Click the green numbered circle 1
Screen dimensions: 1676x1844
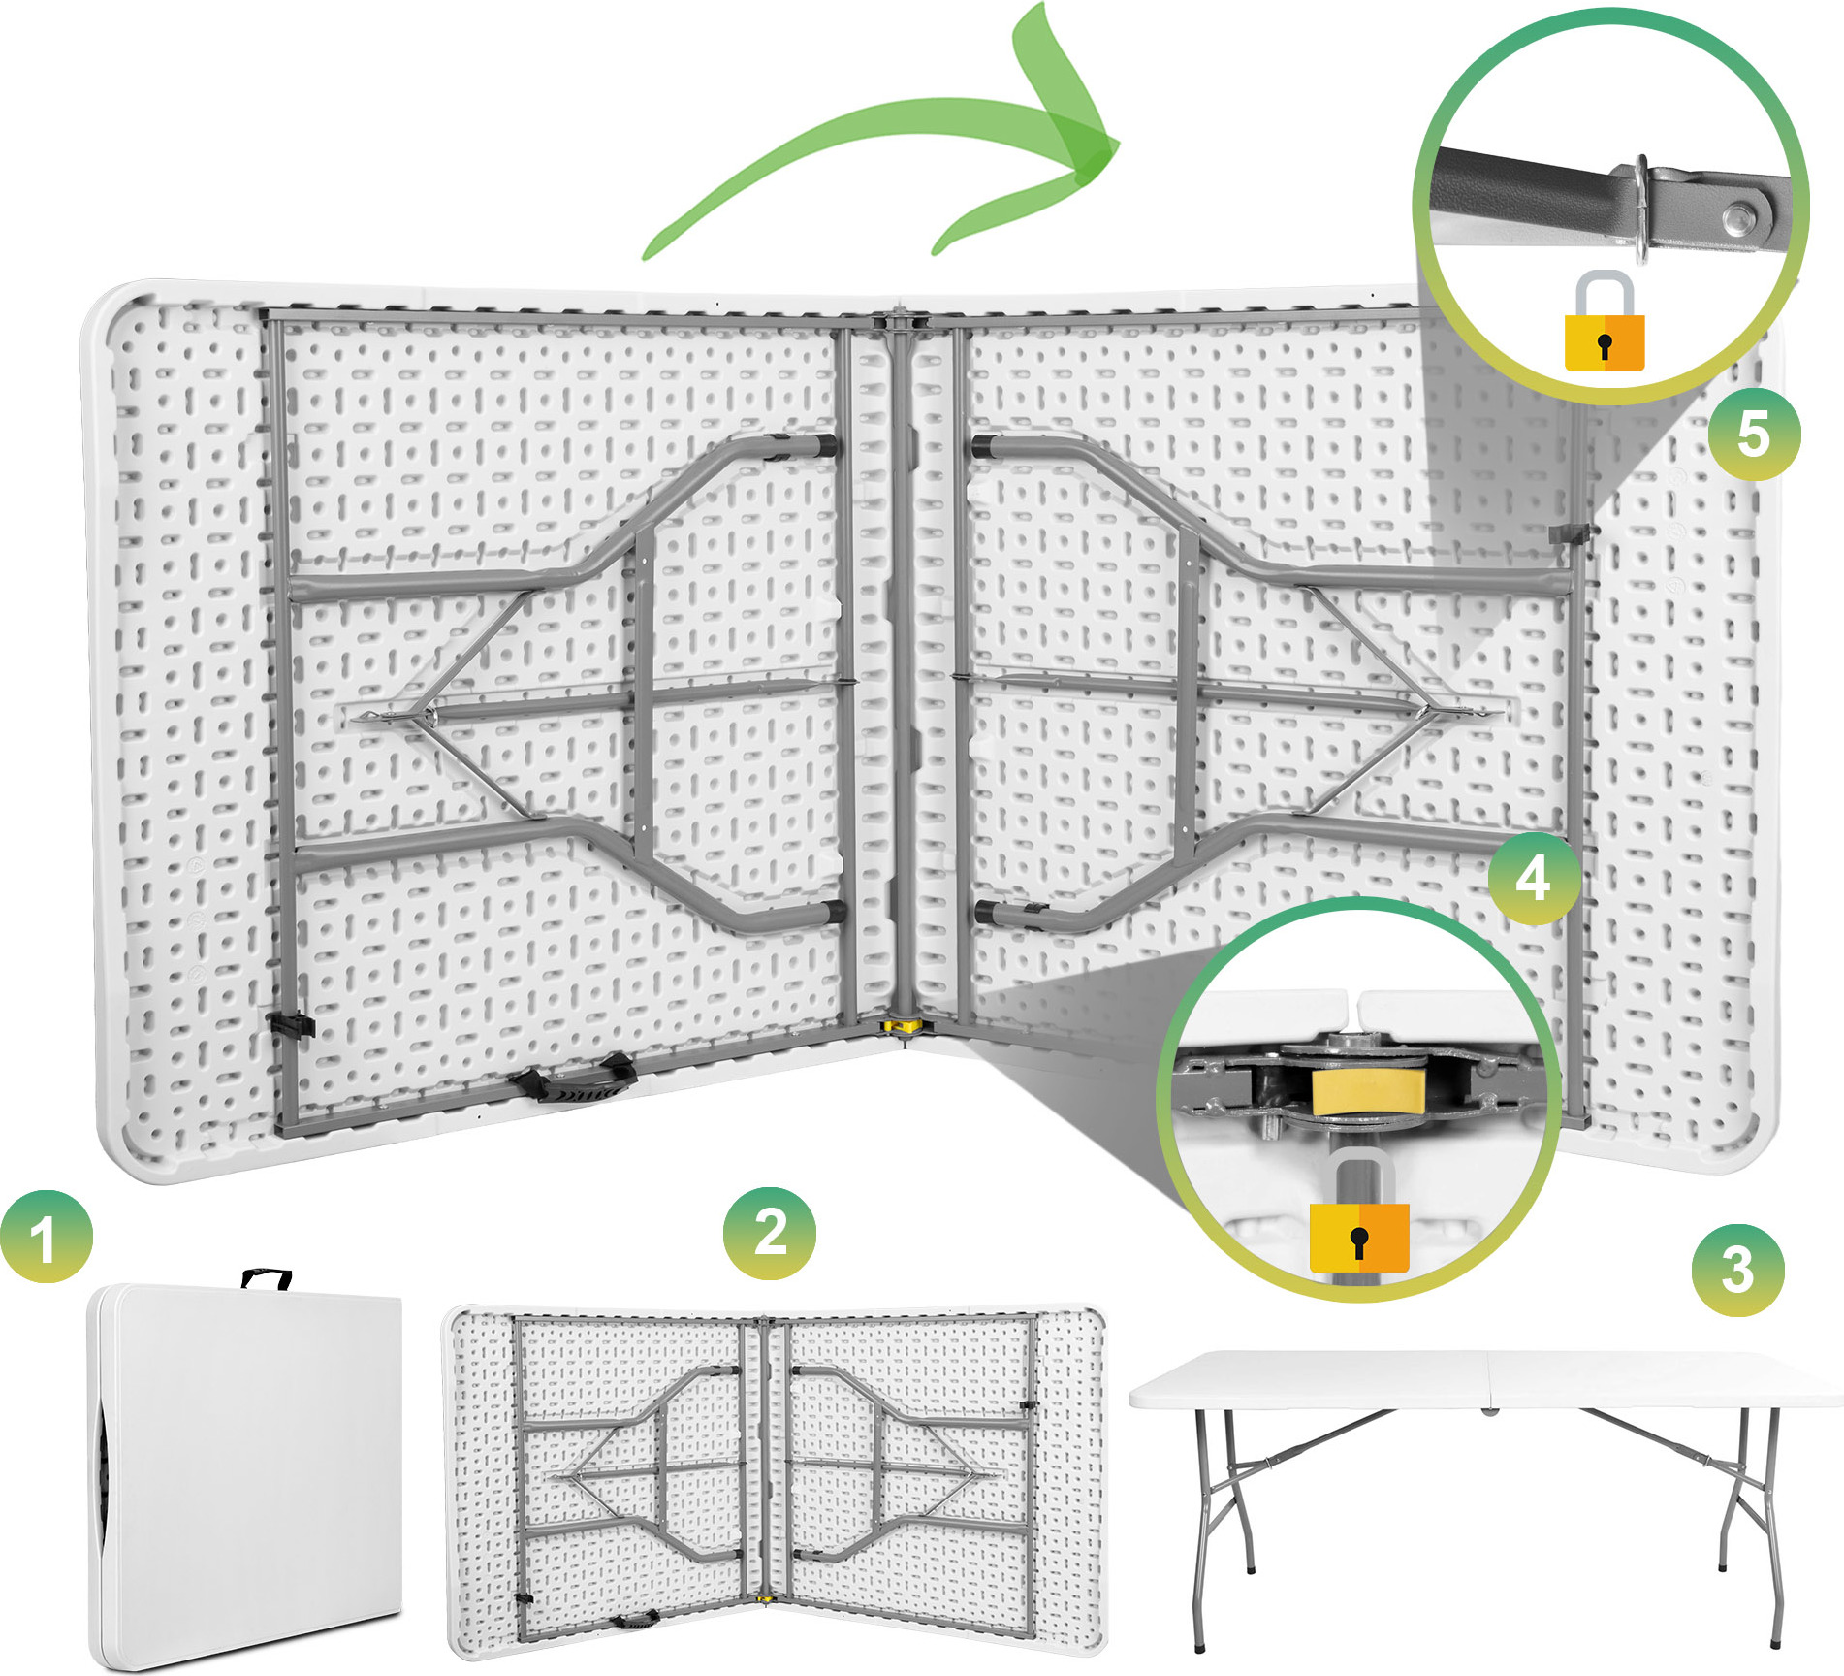47,1236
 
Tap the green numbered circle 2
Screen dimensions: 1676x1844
770,1233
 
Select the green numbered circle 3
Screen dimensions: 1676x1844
1737,1270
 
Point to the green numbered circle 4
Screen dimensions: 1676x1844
1534,879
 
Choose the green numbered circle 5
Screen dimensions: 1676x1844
1754,434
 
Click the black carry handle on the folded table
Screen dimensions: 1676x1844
266,1278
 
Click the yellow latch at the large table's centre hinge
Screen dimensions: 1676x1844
904,1024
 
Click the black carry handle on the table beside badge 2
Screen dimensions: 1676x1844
633,1619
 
